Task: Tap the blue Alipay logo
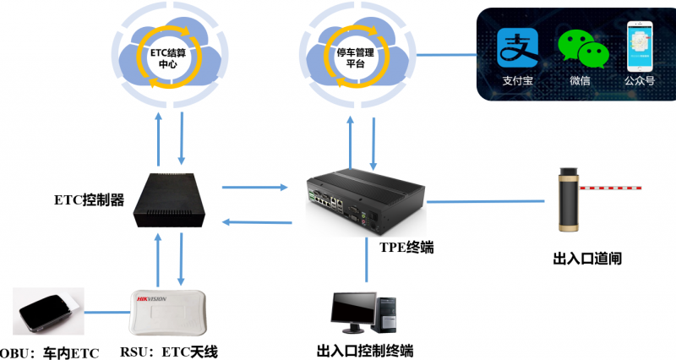click(x=517, y=49)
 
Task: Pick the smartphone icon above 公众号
click(x=641, y=47)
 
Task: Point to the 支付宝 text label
click(x=517, y=84)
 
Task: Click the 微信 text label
click(x=580, y=84)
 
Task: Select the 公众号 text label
click(x=640, y=84)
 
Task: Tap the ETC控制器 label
click(x=89, y=201)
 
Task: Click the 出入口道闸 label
click(x=586, y=259)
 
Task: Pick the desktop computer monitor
click(x=354, y=312)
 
